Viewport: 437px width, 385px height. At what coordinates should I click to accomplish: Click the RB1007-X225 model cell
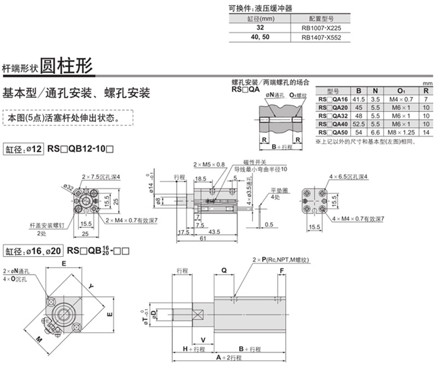(x=321, y=28)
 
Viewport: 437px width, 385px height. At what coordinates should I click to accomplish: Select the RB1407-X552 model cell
(x=321, y=38)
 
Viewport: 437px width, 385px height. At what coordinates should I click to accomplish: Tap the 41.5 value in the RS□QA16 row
(x=358, y=99)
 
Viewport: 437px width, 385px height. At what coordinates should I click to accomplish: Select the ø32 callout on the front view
(x=69, y=188)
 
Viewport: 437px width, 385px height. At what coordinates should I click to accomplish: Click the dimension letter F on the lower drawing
(x=282, y=270)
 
